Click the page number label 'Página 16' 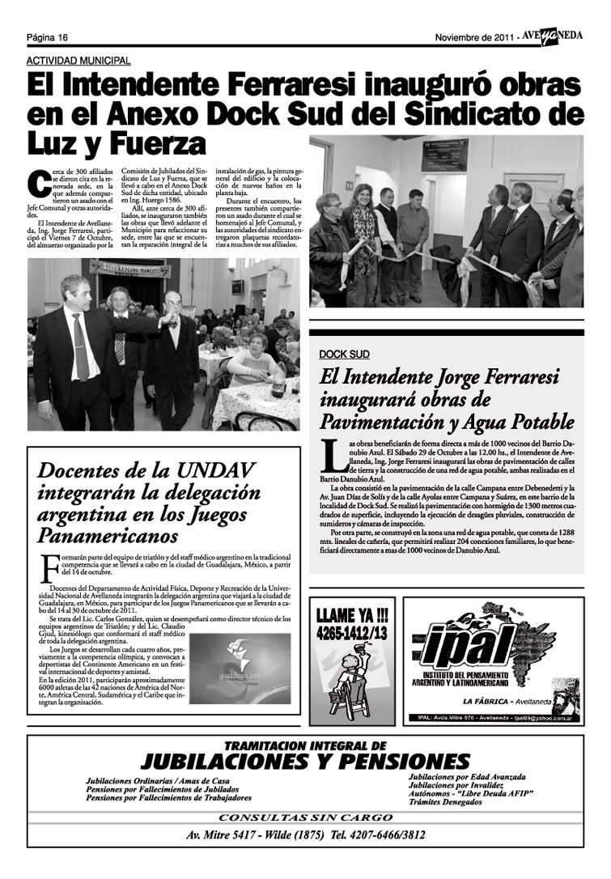pos(47,37)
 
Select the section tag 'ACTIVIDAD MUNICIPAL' pos(78,61)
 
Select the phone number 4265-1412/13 pos(350,631)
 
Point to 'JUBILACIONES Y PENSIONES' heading pos(304,761)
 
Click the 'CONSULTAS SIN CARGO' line pos(305,817)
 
